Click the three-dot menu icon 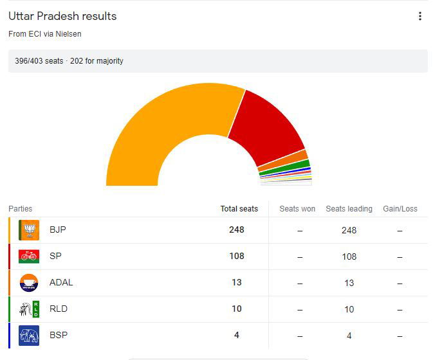419,16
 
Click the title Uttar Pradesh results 62,16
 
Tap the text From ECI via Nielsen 45,33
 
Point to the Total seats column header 239,209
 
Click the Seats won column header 297,209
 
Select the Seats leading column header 349,209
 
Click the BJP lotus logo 29,230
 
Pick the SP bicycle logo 29,256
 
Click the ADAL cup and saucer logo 29,283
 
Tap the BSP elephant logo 29,336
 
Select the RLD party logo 29,309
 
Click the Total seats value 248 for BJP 236,230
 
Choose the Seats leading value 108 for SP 349,256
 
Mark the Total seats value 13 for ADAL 236,283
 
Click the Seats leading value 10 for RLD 349,309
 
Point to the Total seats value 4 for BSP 236,336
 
